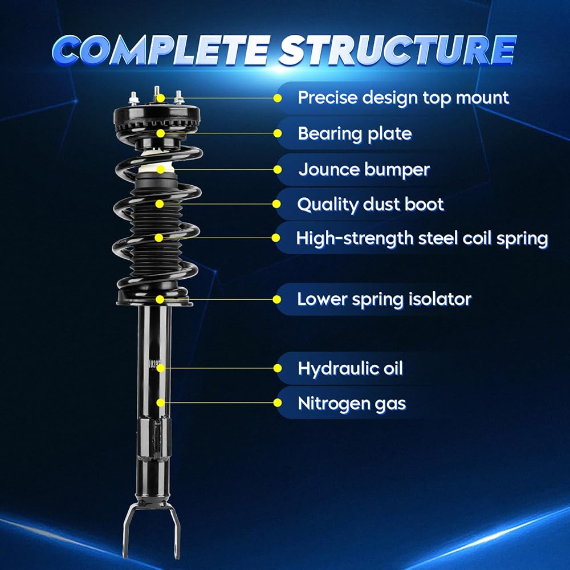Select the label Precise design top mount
pyautogui.click(x=403, y=97)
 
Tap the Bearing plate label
pyautogui.click(x=355, y=133)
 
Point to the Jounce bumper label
pyautogui.click(x=364, y=169)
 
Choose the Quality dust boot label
pyautogui.click(x=370, y=203)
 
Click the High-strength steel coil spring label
pyautogui.click(x=422, y=238)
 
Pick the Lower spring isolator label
pyautogui.click(x=384, y=299)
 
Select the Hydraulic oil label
pyautogui.click(x=350, y=368)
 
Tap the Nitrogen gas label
pyautogui.click(x=352, y=404)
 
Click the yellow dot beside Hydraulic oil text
pyautogui.click(x=278, y=368)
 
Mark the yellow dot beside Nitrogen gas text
pyautogui.click(x=278, y=403)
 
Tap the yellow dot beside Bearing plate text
pyautogui.click(x=278, y=133)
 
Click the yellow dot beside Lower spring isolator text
pyautogui.click(x=278, y=299)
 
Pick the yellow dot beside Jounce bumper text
pyautogui.click(x=278, y=169)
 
